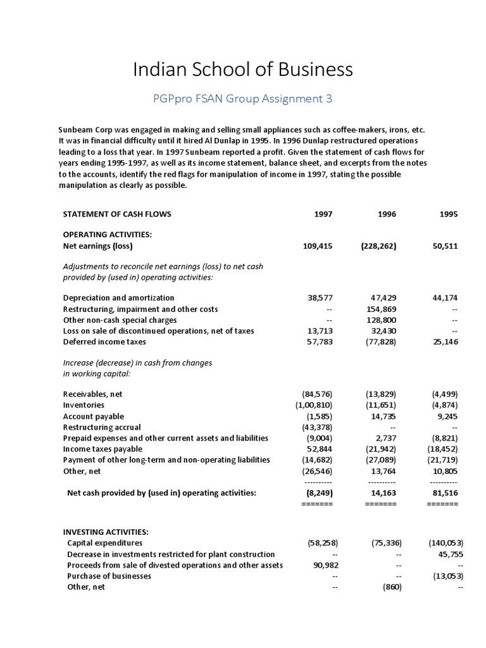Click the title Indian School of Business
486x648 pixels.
tap(243, 70)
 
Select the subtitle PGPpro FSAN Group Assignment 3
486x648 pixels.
tap(243, 99)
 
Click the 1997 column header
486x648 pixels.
tap(323, 214)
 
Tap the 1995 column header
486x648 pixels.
tap(448, 214)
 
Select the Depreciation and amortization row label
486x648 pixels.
tap(118, 297)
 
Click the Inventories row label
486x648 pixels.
tap(84, 405)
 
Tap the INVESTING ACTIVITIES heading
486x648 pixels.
tap(106, 532)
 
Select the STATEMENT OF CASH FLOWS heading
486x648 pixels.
tap(116, 214)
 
